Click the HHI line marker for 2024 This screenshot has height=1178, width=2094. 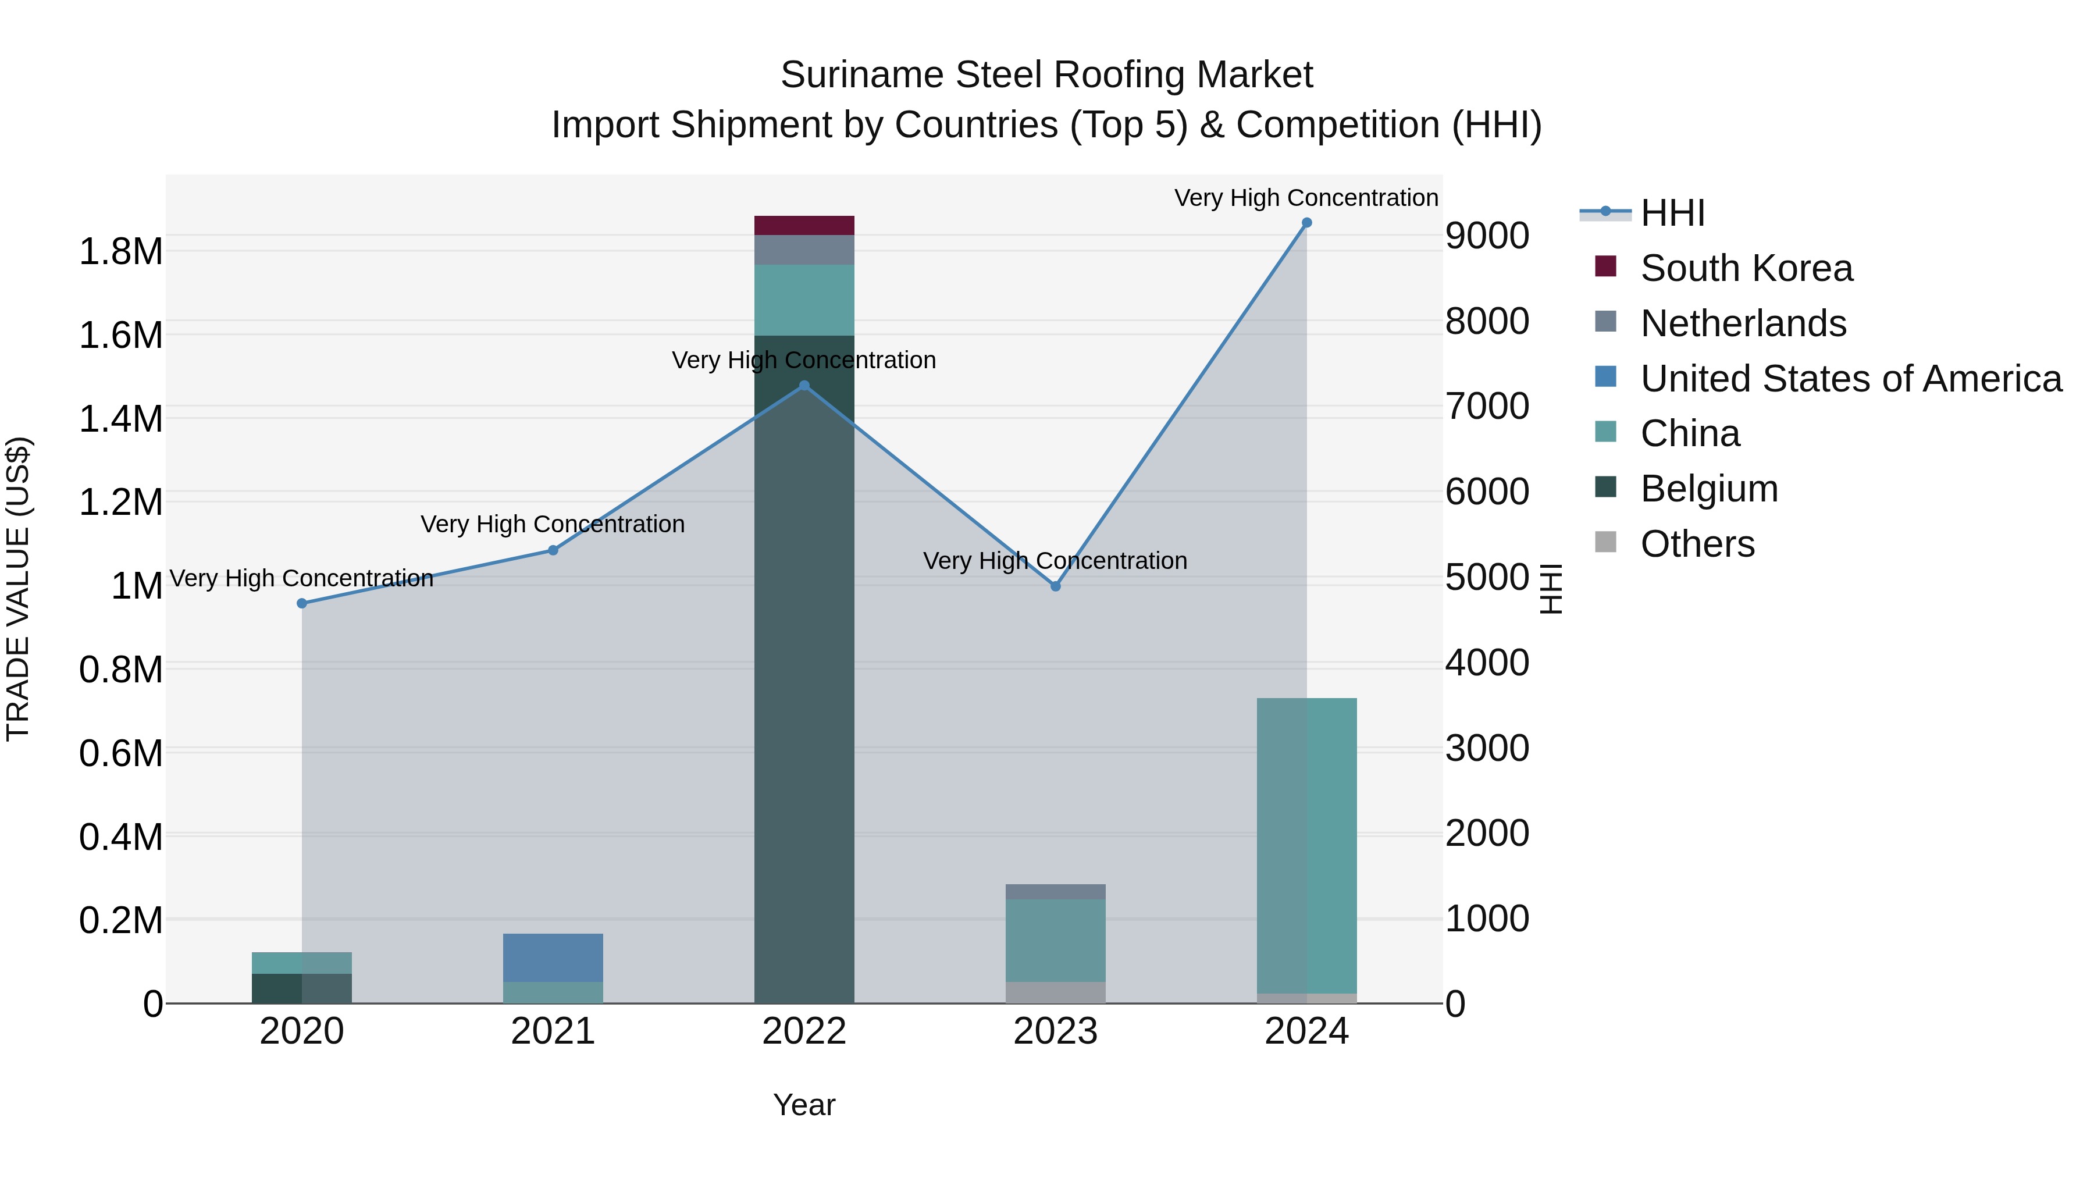pos(1306,223)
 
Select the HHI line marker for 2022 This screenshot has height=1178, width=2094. pos(804,385)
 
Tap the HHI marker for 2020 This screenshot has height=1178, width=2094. pos(301,603)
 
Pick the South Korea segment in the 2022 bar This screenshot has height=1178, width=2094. pos(804,225)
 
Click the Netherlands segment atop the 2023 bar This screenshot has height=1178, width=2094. pos(1055,892)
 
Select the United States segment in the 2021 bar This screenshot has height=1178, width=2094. pos(553,957)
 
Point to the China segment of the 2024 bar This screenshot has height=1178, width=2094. pos(1306,845)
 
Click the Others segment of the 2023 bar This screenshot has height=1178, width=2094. pos(1055,992)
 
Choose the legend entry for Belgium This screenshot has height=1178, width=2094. pos(1709,489)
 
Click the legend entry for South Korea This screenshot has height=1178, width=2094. pos(1746,268)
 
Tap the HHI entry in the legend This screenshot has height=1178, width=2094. pos(1672,213)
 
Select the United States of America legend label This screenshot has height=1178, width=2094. pos(1851,379)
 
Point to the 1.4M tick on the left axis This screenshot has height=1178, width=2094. pos(120,419)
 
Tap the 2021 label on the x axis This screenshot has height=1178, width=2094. pos(553,1031)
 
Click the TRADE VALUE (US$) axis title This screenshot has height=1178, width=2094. pos(18,589)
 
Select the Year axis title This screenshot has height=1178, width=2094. pos(804,1105)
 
